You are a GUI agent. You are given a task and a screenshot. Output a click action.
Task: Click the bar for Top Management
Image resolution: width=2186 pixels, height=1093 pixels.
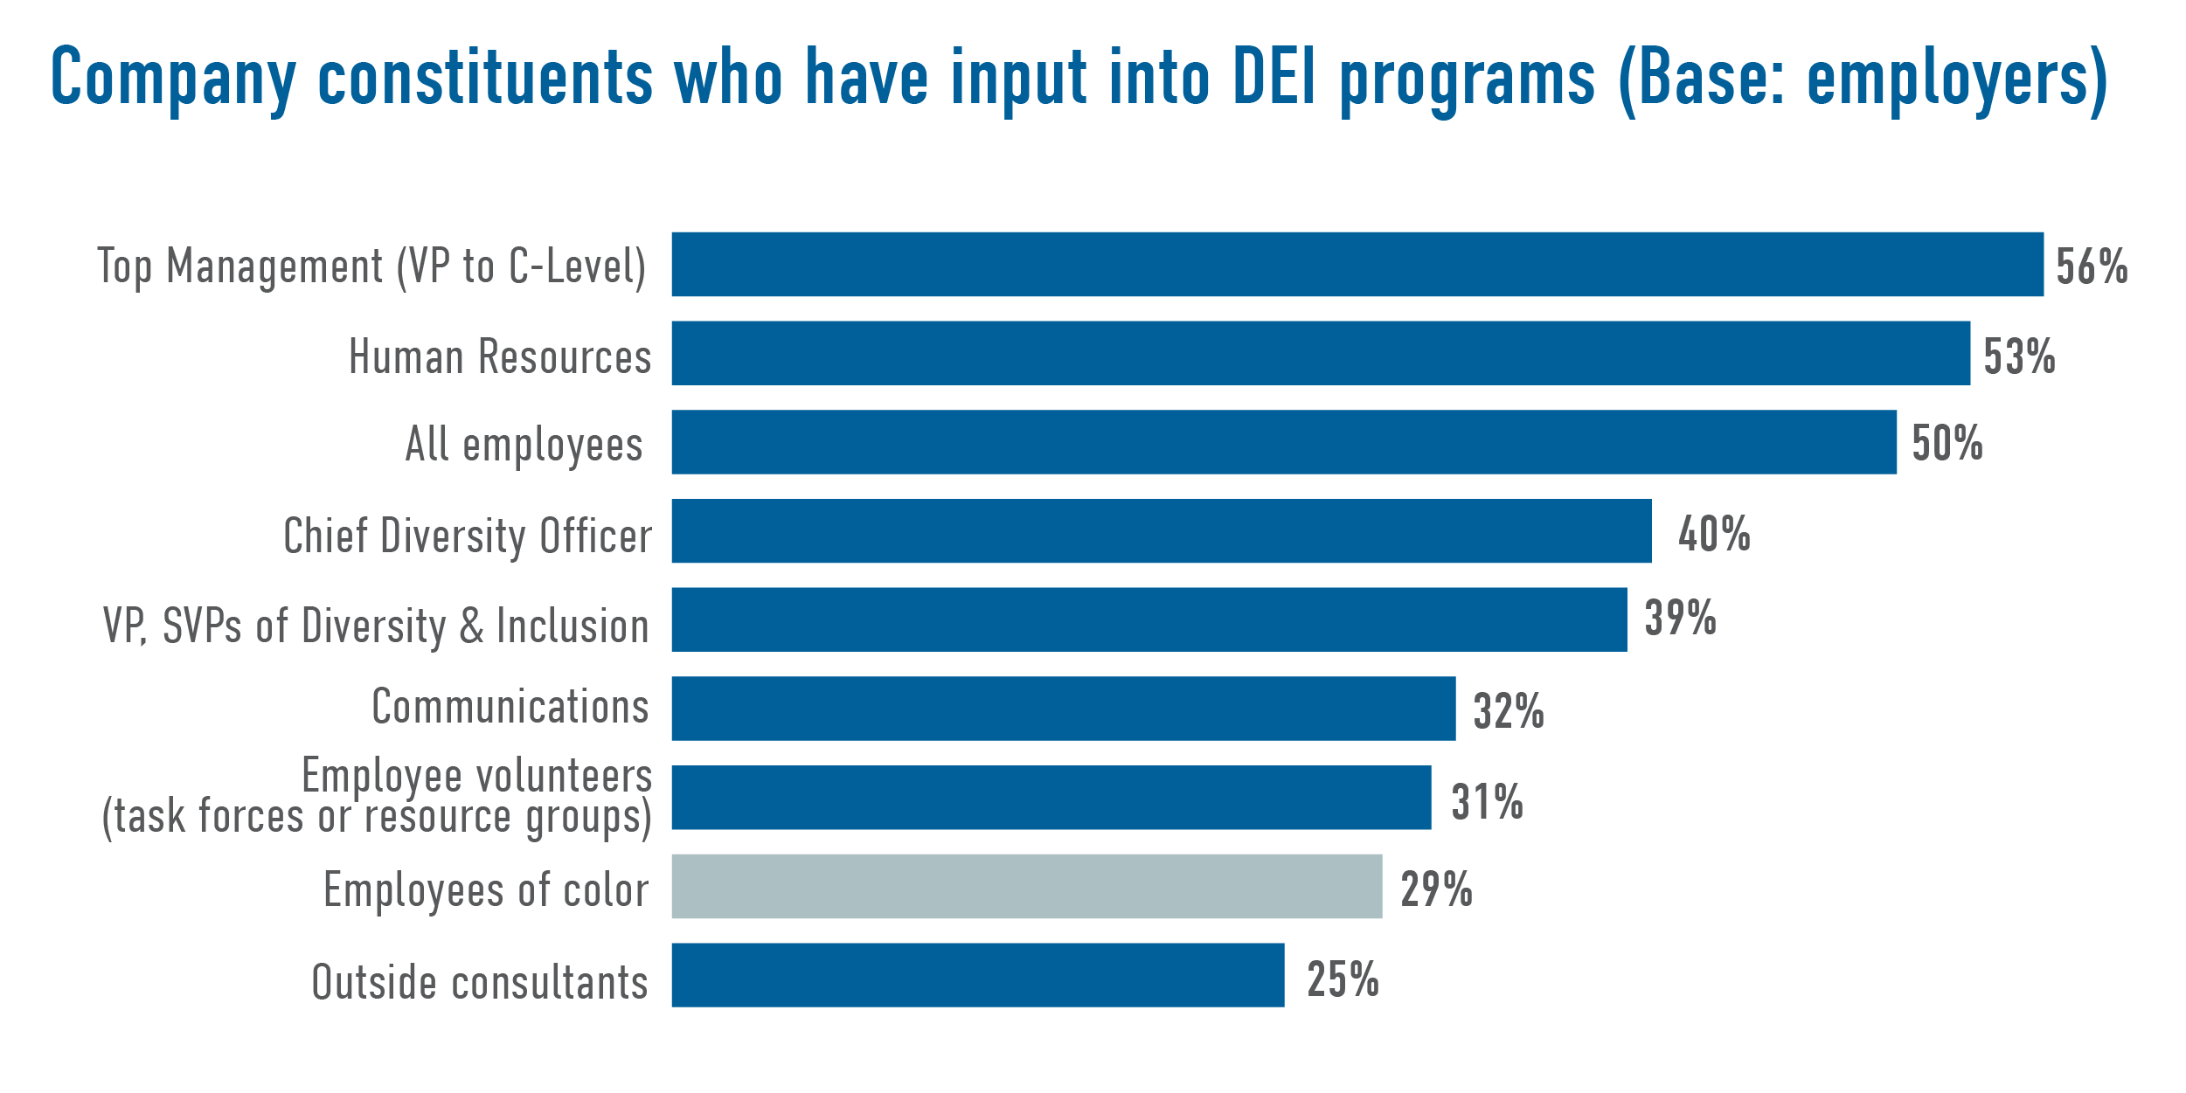click(x=1357, y=264)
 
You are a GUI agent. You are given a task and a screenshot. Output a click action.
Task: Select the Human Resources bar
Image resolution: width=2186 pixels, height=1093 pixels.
click(x=1320, y=353)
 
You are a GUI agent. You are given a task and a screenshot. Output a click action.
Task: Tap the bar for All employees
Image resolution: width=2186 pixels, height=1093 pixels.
click(x=1283, y=442)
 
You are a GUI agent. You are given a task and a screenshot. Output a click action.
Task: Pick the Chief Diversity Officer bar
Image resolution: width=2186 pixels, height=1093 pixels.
click(x=1161, y=531)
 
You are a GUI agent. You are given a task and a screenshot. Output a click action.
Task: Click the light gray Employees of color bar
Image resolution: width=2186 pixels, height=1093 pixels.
click(x=1026, y=886)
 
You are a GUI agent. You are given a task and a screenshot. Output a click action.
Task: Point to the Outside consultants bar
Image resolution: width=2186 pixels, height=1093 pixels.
click(x=977, y=975)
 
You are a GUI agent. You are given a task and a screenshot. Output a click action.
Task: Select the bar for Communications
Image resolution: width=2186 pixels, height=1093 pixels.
click(x=1063, y=709)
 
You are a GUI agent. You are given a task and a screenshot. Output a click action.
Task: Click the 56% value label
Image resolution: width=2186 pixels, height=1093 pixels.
click(x=2091, y=266)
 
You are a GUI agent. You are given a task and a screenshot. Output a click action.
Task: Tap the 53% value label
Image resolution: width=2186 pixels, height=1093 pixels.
click(x=2018, y=356)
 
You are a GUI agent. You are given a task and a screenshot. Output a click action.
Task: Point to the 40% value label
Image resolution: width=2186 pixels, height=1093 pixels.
click(x=1713, y=534)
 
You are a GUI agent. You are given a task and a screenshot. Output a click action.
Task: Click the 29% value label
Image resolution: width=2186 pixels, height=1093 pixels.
click(x=1436, y=889)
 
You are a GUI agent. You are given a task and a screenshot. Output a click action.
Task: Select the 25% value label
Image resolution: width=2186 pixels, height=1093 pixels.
click(x=1343, y=979)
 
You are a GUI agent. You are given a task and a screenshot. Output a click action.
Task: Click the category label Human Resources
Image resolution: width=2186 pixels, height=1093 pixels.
click(x=499, y=356)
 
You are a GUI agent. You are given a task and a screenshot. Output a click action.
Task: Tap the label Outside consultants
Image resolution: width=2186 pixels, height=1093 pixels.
click(x=479, y=982)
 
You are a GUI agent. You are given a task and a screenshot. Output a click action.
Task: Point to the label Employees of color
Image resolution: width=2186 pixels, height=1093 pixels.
click(x=485, y=890)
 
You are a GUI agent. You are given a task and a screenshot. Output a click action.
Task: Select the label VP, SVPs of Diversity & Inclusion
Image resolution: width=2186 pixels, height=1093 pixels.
click(x=376, y=626)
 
